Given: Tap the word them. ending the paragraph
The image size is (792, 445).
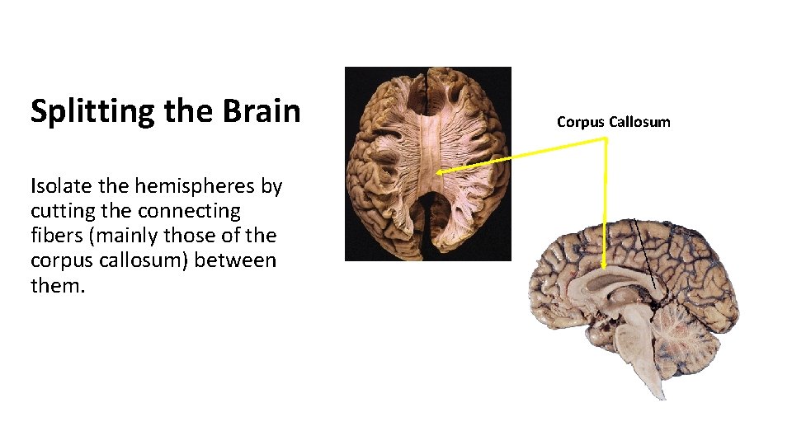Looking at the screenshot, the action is click(x=58, y=287).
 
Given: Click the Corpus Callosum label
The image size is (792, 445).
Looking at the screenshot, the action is click(x=613, y=122).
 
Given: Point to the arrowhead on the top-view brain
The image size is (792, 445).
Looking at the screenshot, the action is click(x=440, y=172).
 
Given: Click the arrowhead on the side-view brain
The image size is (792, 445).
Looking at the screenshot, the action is click(x=605, y=264).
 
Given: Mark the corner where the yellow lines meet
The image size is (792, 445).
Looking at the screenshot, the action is click(x=606, y=139).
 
